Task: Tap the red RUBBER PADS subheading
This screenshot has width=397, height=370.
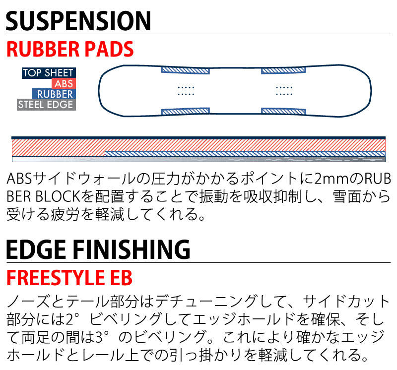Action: pos(70,50)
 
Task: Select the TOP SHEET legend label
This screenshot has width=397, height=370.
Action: pos(48,73)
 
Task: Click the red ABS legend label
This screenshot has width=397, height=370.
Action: pos(64,84)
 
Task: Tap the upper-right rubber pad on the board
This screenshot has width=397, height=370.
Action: pos(282,71)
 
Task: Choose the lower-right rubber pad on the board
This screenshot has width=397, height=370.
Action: pos(282,111)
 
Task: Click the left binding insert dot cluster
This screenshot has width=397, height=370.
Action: pos(186,90)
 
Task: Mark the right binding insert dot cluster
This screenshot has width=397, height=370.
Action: pos(283,90)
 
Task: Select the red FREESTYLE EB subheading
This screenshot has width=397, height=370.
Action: pos(69,278)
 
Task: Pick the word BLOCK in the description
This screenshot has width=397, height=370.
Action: pos(57,197)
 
